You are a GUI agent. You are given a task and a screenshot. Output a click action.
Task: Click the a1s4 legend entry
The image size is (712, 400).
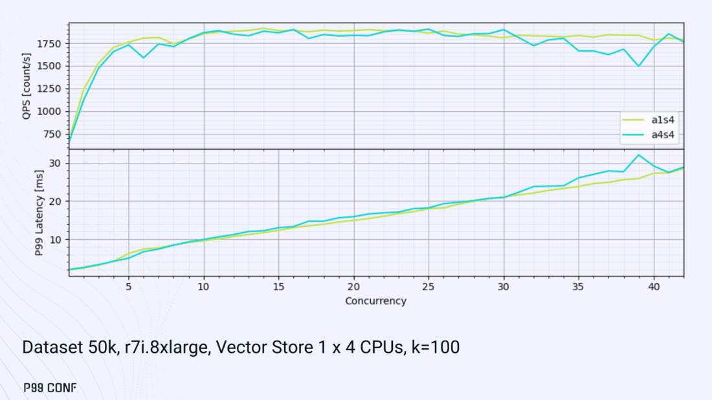tap(651, 120)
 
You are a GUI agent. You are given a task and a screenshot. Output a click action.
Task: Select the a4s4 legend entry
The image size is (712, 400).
tap(651, 134)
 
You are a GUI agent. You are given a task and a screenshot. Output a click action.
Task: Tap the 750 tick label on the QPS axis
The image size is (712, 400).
tap(54, 134)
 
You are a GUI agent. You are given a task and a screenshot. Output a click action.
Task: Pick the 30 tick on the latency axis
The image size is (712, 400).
tap(56, 163)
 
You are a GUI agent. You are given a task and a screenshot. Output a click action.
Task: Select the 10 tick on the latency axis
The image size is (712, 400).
tap(56, 240)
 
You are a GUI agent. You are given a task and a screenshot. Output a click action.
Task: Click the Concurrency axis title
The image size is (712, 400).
tap(375, 301)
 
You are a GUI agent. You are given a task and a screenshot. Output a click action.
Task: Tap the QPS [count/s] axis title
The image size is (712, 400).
tap(27, 85)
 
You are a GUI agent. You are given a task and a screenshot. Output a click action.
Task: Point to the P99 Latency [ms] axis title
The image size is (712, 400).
tap(27, 213)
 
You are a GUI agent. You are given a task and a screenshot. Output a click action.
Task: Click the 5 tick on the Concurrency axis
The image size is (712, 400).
tap(129, 286)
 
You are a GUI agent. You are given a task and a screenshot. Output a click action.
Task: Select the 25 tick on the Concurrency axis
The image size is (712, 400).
tap(428, 286)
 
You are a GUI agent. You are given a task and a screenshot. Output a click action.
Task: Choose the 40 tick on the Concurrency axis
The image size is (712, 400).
tap(654, 286)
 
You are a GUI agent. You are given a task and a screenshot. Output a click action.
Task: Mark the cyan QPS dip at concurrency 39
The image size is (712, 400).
tap(639, 66)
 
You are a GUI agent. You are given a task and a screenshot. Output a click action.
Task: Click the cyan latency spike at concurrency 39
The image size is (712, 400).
tap(639, 155)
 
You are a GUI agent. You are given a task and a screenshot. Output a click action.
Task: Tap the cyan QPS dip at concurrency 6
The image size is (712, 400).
tap(144, 58)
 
